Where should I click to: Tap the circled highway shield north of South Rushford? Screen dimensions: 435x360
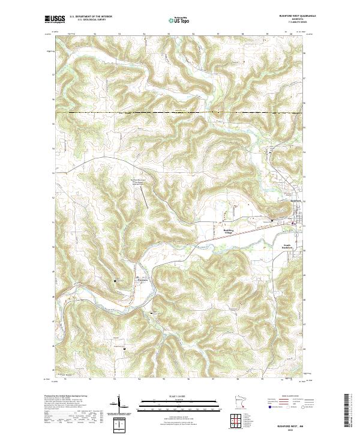(293, 224)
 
